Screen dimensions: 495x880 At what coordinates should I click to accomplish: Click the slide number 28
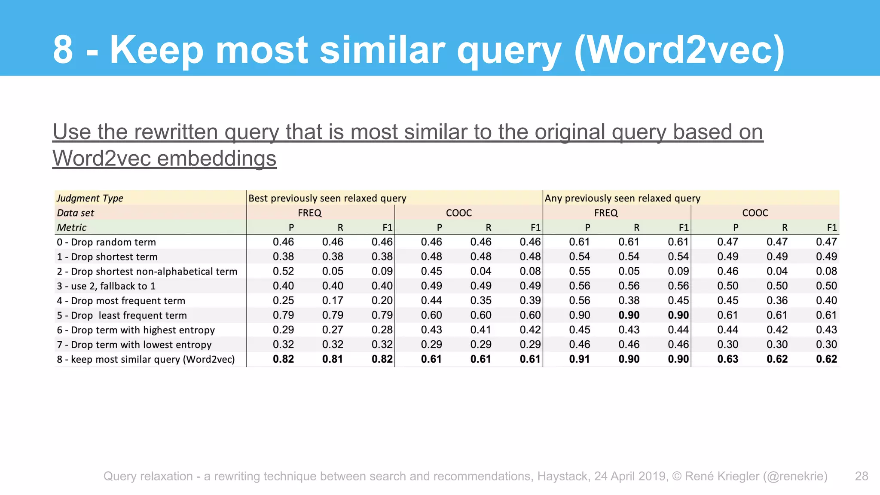click(861, 476)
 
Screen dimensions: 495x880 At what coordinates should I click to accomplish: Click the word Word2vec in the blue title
click(679, 50)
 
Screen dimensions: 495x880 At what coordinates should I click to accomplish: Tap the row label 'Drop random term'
click(106, 242)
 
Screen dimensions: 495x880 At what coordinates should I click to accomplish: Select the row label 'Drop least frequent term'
click(122, 315)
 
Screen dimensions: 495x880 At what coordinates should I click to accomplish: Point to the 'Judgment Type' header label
click(90, 198)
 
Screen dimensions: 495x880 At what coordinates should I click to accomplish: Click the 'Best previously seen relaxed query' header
click(327, 198)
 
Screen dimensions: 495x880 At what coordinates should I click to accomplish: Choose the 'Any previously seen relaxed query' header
click(622, 198)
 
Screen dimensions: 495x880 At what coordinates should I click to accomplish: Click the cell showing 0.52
click(283, 272)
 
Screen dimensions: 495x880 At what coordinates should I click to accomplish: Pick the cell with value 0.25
click(283, 301)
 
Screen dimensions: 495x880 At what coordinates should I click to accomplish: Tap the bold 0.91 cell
click(579, 359)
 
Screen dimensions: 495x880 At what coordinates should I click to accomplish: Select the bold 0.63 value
click(727, 359)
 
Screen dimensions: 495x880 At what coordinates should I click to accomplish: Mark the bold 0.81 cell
click(333, 359)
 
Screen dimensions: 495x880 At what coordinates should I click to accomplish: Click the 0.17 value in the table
click(333, 301)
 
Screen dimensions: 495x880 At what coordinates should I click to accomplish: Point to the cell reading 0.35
click(480, 301)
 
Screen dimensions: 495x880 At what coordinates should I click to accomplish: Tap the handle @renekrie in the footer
click(795, 476)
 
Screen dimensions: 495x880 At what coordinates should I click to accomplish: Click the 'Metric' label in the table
click(71, 228)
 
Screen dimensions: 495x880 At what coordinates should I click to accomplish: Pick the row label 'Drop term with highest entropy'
click(136, 330)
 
